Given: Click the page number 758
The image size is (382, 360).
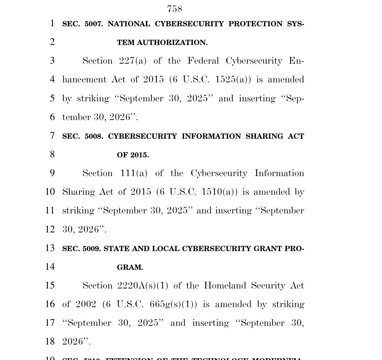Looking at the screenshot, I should (x=175, y=9).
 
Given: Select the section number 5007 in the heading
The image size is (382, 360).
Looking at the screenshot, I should (x=94, y=24).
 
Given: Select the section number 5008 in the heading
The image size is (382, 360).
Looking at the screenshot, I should (x=94, y=136).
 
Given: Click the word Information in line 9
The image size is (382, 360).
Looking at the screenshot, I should (x=279, y=173).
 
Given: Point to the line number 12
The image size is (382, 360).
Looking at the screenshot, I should (x=50, y=229).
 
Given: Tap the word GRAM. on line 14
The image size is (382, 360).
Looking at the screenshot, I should (x=130, y=268).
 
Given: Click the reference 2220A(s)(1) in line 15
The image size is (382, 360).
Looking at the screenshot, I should (x=143, y=286).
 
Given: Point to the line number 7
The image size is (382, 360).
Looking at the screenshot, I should (x=52, y=136).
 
